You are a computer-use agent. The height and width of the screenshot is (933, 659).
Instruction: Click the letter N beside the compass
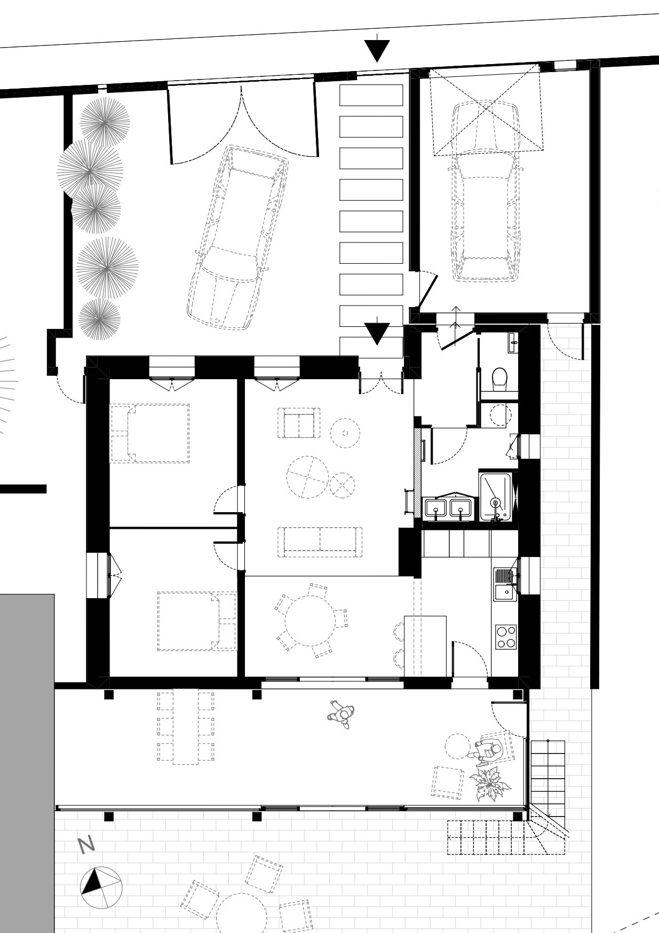[x=86, y=844]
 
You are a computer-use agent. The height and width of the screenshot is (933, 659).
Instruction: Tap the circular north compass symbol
[x=101, y=889]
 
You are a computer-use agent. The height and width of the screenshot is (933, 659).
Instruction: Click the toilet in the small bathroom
[x=500, y=378]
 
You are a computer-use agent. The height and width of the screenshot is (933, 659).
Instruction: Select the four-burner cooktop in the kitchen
[x=506, y=636]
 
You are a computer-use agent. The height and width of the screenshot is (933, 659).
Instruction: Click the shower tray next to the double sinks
[x=496, y=497]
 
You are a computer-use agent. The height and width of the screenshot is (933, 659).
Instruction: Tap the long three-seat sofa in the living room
[x=320, y=542]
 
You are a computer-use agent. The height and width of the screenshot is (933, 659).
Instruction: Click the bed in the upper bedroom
[x=149, y=433]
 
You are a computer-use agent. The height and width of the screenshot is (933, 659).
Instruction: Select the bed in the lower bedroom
[x=197, y=621]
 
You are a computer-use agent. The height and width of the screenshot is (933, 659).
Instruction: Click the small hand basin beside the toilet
[x=513, y=341]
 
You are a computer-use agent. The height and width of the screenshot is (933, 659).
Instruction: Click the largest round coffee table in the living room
[x=307, y=477]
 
